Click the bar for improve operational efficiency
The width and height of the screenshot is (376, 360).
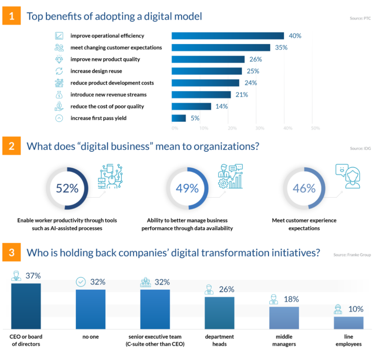(228, 36)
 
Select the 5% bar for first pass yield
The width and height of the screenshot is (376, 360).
(179, 118)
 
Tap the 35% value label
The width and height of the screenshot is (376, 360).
(281, 47)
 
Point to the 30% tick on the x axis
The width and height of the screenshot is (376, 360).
(260, 128)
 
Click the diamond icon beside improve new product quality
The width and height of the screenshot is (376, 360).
(59, 59)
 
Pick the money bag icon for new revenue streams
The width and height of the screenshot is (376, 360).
(59, 95)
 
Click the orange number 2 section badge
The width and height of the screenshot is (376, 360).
(11, 146)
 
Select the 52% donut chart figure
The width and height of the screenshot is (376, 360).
(67, 189)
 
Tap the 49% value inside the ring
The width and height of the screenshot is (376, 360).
(187, 189)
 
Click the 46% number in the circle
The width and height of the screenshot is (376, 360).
(304, 189)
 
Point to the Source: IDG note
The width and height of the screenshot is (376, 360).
(360, 148)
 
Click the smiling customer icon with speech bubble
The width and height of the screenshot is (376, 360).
(348, 175)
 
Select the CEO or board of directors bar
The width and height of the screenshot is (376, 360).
(26, 306)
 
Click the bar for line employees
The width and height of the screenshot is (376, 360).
(348, 323)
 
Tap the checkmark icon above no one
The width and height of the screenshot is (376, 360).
(81, 282)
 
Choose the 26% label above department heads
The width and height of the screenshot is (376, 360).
(226, 289)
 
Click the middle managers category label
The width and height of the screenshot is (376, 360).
(284, 340)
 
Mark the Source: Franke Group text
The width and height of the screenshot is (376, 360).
(352, 255)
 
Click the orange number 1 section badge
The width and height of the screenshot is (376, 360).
(11, 16)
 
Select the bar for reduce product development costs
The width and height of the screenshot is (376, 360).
(205, 83)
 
